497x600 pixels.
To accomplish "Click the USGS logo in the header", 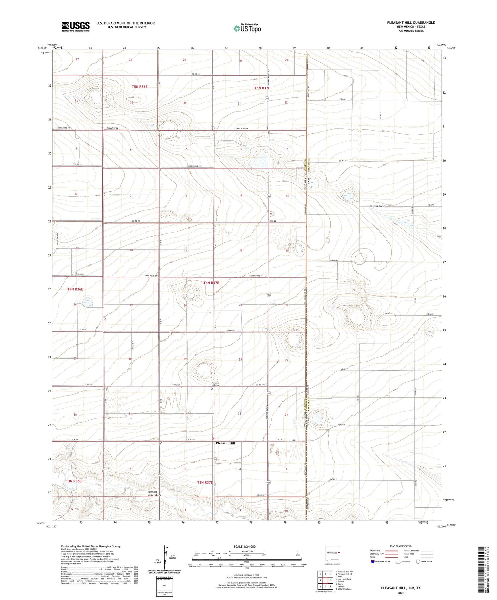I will tap(76, 26).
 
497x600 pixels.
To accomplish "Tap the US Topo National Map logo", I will tap(247, 28).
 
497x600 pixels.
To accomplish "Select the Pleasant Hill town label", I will tap(225, 443).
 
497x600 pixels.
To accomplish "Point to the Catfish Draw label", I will tap(377, 206).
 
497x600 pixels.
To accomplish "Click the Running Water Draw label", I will tap(154, 493).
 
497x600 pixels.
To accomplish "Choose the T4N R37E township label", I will tap(211, 283).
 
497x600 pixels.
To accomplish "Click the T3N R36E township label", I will tap(74, 481).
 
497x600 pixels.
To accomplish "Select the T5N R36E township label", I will tap(139, 87).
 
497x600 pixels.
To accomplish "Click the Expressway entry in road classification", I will tap(375, 550).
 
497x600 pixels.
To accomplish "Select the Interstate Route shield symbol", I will tap(373, 562).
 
